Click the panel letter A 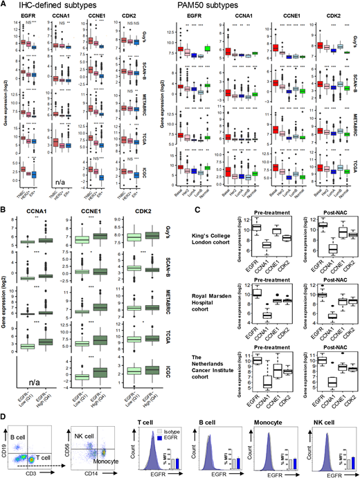tap(4, 6)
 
